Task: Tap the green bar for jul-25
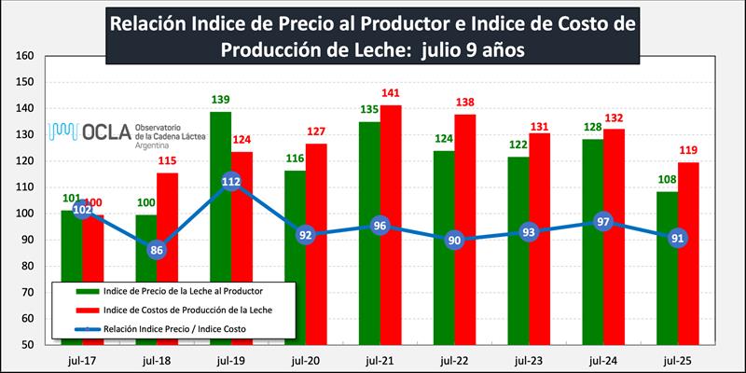pyautogui.click(x=667, y=280)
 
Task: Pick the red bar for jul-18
pyautogui.click(x=168, y=280)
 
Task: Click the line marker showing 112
pyautogui.click(x=231, y=182)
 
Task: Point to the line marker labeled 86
pyautogui.click(x=157, y=250)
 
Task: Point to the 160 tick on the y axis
pyautogui.click(x=25, y=56)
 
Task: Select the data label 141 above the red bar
pyautogui.click(x=393, y=93)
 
